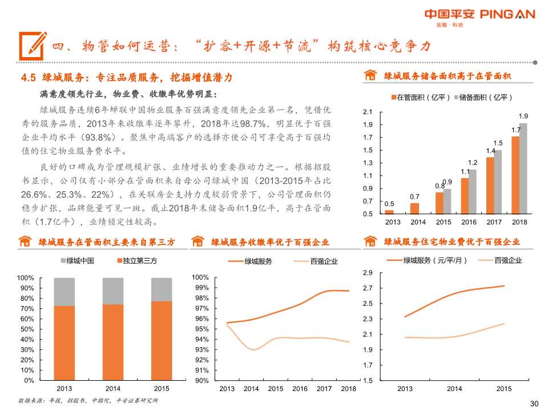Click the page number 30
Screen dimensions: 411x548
tap(534, 404)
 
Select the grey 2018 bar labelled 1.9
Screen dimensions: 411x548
tap(523, 168)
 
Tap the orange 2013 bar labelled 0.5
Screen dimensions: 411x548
tap(389, 212)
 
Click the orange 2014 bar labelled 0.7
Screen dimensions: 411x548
tap(414, 208)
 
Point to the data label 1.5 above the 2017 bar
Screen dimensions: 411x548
tap(498, 143)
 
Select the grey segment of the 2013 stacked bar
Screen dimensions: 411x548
tap(64, 292)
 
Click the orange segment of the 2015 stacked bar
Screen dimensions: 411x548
tap(162, 340)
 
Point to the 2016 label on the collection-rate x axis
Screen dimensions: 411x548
tap(300, 389)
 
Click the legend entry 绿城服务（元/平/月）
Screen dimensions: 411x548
tap(435, 261)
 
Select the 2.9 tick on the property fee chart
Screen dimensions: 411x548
tap(368, 273)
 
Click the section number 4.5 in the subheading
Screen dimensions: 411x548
tap(29, 77)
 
